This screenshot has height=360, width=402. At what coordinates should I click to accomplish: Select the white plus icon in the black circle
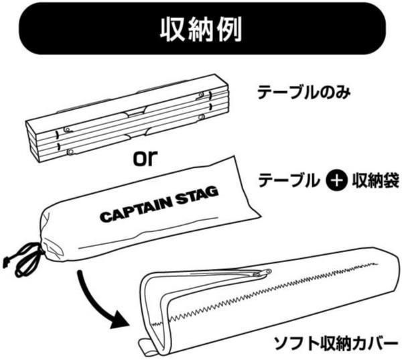338,180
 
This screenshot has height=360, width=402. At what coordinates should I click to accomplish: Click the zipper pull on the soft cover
265,272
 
